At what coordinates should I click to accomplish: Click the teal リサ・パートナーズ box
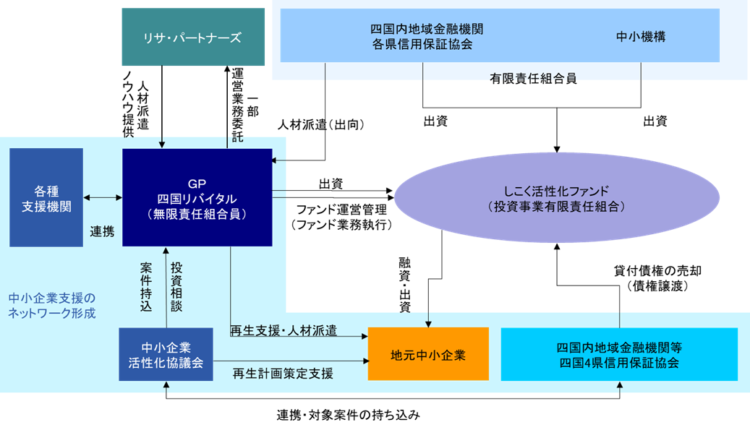[x=193, y=38]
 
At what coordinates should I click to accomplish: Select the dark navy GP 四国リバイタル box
[x=197, y=197]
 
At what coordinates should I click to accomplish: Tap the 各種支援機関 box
[x=46, y=197]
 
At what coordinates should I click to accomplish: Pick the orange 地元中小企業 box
[x=428, y=355]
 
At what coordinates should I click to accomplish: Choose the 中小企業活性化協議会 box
[x=166, y=355]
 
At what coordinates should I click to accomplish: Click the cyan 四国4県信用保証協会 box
[x=619, y=355]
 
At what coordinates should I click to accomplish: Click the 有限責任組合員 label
[x=533, y=77]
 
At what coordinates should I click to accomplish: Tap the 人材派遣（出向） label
[x=320, y=124]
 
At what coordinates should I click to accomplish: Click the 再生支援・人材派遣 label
[x=284, y=331]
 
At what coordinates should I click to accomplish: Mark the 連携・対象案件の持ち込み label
[x=348, y=416]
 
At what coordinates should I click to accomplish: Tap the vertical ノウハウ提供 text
[x=127, y=103]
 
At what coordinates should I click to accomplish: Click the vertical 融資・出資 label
[x=404, y=284]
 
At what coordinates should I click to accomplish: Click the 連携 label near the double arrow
[x=102, y=231]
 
